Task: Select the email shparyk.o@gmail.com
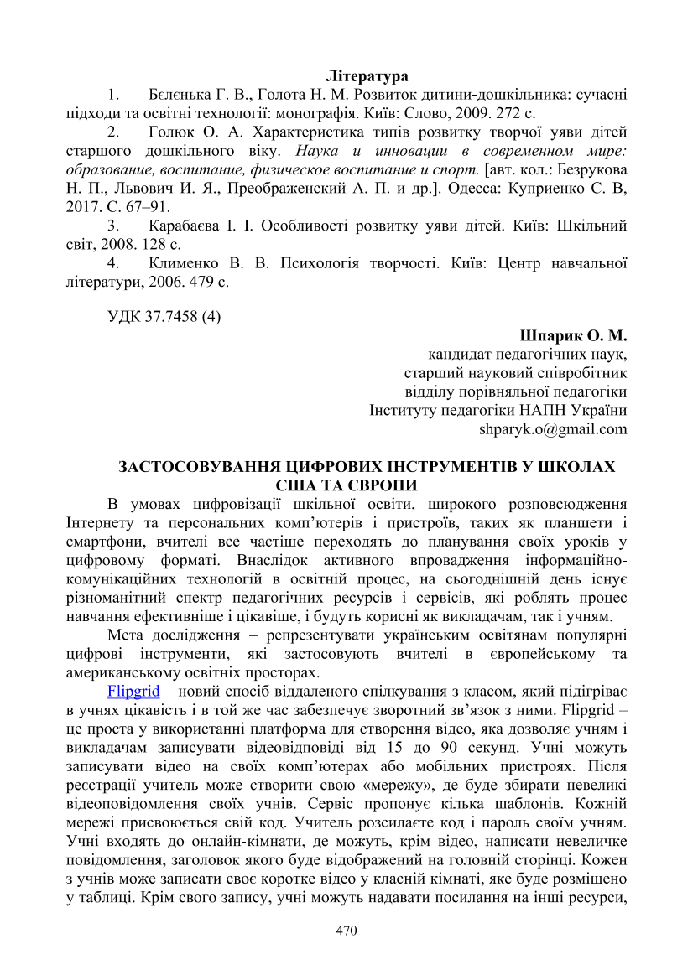tap(553, 428)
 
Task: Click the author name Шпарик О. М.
tap(580, 335)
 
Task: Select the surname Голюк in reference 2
tap(171, 132)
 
